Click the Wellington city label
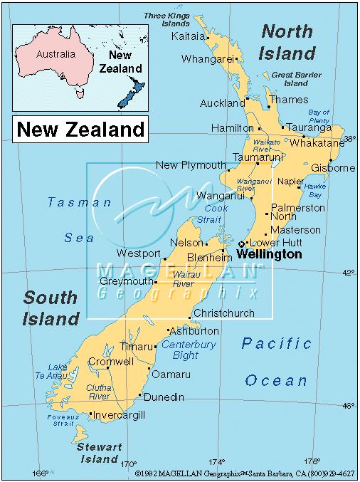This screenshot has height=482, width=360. point(268,254)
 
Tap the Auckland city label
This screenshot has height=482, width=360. point(222,103)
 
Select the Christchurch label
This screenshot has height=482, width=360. point(223,313)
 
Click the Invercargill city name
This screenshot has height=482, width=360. point(120,415)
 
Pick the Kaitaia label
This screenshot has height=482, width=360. point(189,36)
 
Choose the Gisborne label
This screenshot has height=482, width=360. point(333,168)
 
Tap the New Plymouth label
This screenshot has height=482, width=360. point(191,165)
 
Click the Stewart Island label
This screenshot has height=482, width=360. point(100,454)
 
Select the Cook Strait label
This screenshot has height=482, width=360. point(216,214)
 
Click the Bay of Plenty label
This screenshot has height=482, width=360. point(319,117)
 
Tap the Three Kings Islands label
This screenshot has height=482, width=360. point(166,19)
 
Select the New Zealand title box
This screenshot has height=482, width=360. point(80,130)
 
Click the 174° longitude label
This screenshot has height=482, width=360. point(217,461)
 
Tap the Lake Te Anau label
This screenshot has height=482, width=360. point(58,372)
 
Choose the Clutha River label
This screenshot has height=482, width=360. point(100,392)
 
